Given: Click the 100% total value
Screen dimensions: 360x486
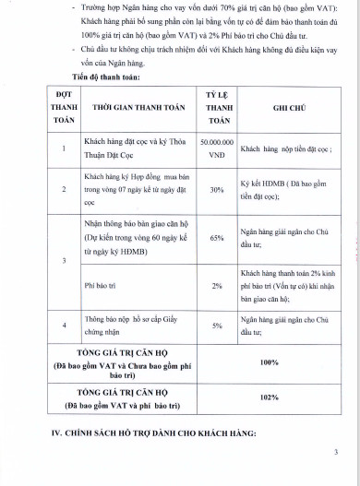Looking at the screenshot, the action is (270, 362).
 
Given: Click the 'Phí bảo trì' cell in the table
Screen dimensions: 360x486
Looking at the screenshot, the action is (102, 286).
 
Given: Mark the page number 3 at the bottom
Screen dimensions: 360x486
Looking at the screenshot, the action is (336, 452).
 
